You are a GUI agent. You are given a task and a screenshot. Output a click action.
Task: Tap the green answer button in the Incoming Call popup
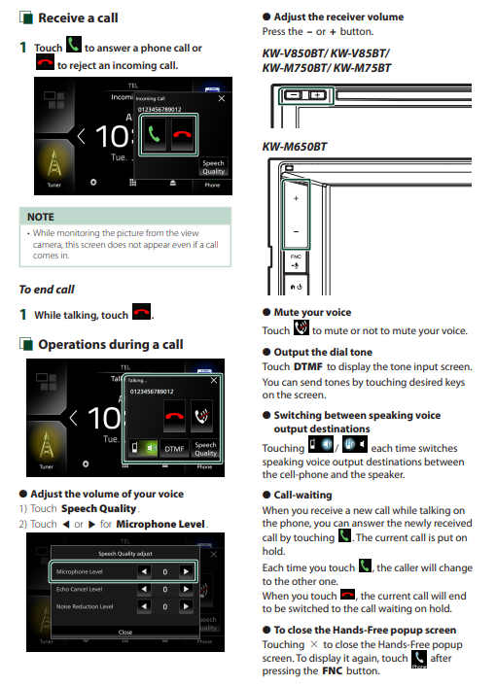tap(154, 134)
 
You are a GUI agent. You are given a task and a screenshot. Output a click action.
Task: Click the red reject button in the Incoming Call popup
tap(182, 134)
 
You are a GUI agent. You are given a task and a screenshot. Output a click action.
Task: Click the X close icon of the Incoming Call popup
tap(222, 98)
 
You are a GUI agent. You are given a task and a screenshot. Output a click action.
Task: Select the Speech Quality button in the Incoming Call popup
tap(213, 167)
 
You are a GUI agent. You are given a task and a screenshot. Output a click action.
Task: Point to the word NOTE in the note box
tap(41, 217)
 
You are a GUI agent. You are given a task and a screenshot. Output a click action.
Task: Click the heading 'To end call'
tap(47, 290)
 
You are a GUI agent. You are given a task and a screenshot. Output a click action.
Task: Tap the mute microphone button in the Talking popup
tap(201, 416)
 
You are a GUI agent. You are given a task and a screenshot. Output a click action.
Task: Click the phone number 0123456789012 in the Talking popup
tap(152, 392)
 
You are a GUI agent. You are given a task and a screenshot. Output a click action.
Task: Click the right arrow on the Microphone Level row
tap(186, 571)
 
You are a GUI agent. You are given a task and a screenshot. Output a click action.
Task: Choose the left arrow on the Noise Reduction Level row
tap(144, 606)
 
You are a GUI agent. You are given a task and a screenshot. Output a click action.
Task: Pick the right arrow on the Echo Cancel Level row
tap(186, 589)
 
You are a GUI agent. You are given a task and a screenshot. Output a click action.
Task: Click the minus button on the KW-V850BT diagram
tap(294, 95)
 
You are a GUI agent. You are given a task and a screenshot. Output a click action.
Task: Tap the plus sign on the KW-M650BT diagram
tap(297, 198)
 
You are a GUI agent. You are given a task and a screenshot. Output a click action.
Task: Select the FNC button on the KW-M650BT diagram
tap(296, 261)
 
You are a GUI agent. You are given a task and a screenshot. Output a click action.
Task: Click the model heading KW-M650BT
tap(294, 147)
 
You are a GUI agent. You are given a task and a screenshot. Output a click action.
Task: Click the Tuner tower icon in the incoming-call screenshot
tap(53, 162)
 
